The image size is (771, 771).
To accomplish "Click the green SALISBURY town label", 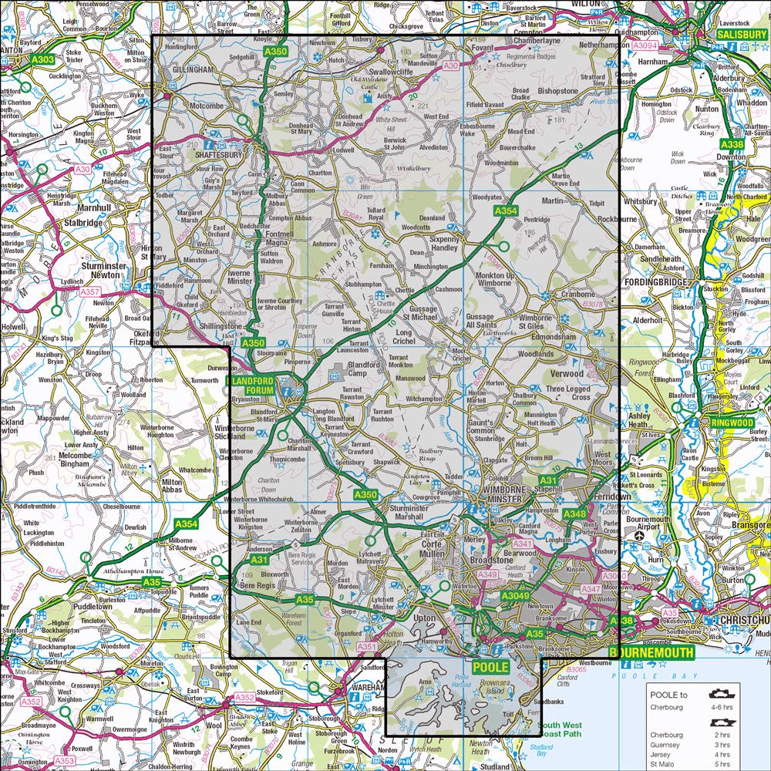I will pyautogui.click(x=741, y=35).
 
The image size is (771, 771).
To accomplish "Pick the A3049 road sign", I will pyautogui.click(x=516, y=596).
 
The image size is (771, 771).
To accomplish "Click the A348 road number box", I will pyautogui.click(x=575, y=513).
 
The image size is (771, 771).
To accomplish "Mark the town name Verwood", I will pyautogui.click(x=567, y=373).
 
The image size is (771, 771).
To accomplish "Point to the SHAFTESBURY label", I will pyautogui.click(x=216, y=154).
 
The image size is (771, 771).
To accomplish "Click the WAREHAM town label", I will pyautogui.click(x=365, y=686).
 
